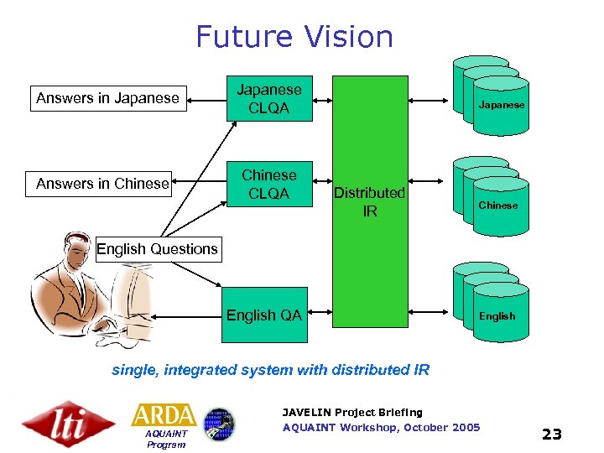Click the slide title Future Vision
tap(294, 37)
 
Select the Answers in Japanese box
tap(107, 98)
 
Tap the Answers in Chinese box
tap(102, 184)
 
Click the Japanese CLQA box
tap(268, 99)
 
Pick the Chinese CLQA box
tap(268, 185)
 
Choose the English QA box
tap(263, 315)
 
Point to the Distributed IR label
tap(369, 202)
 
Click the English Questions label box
tap(157, 249)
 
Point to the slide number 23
tap(551, 434)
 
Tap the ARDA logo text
tap(164, 415)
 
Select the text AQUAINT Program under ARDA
tap(165, 440)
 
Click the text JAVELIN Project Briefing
tap(352, 412)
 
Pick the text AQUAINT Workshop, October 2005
tap(381, 428)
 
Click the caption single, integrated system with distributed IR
tap(270, 370)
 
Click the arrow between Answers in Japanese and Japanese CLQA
tap(205, 99)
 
